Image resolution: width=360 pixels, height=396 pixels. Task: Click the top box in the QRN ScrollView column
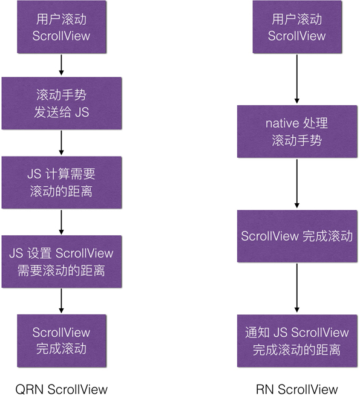[61, 28]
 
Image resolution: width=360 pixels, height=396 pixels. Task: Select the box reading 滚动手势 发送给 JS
[61, 103]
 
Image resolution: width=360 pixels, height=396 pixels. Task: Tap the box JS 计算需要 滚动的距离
[61, 182]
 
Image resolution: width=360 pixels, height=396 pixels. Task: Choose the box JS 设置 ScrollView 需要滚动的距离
[61, 261]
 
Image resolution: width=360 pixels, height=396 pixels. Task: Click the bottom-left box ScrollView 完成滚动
[61, 340]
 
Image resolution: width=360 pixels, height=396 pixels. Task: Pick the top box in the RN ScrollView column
[296, 28]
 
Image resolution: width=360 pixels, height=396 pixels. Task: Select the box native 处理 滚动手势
[296, 132]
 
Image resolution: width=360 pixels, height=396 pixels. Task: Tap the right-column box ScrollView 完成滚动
[296, 236]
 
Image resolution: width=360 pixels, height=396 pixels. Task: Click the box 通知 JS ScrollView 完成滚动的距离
[296, 340]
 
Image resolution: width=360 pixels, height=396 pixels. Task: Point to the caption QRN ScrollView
[61, 388]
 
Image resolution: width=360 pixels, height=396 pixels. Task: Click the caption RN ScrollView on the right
[296, 388]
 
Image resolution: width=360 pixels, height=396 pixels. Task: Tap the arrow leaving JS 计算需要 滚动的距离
[61, 221]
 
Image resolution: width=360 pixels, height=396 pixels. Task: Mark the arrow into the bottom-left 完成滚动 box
[61, 300]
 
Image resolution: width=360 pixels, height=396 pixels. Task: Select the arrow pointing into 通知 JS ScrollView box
[296, 288]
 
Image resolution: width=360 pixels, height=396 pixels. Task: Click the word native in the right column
[282, 124]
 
